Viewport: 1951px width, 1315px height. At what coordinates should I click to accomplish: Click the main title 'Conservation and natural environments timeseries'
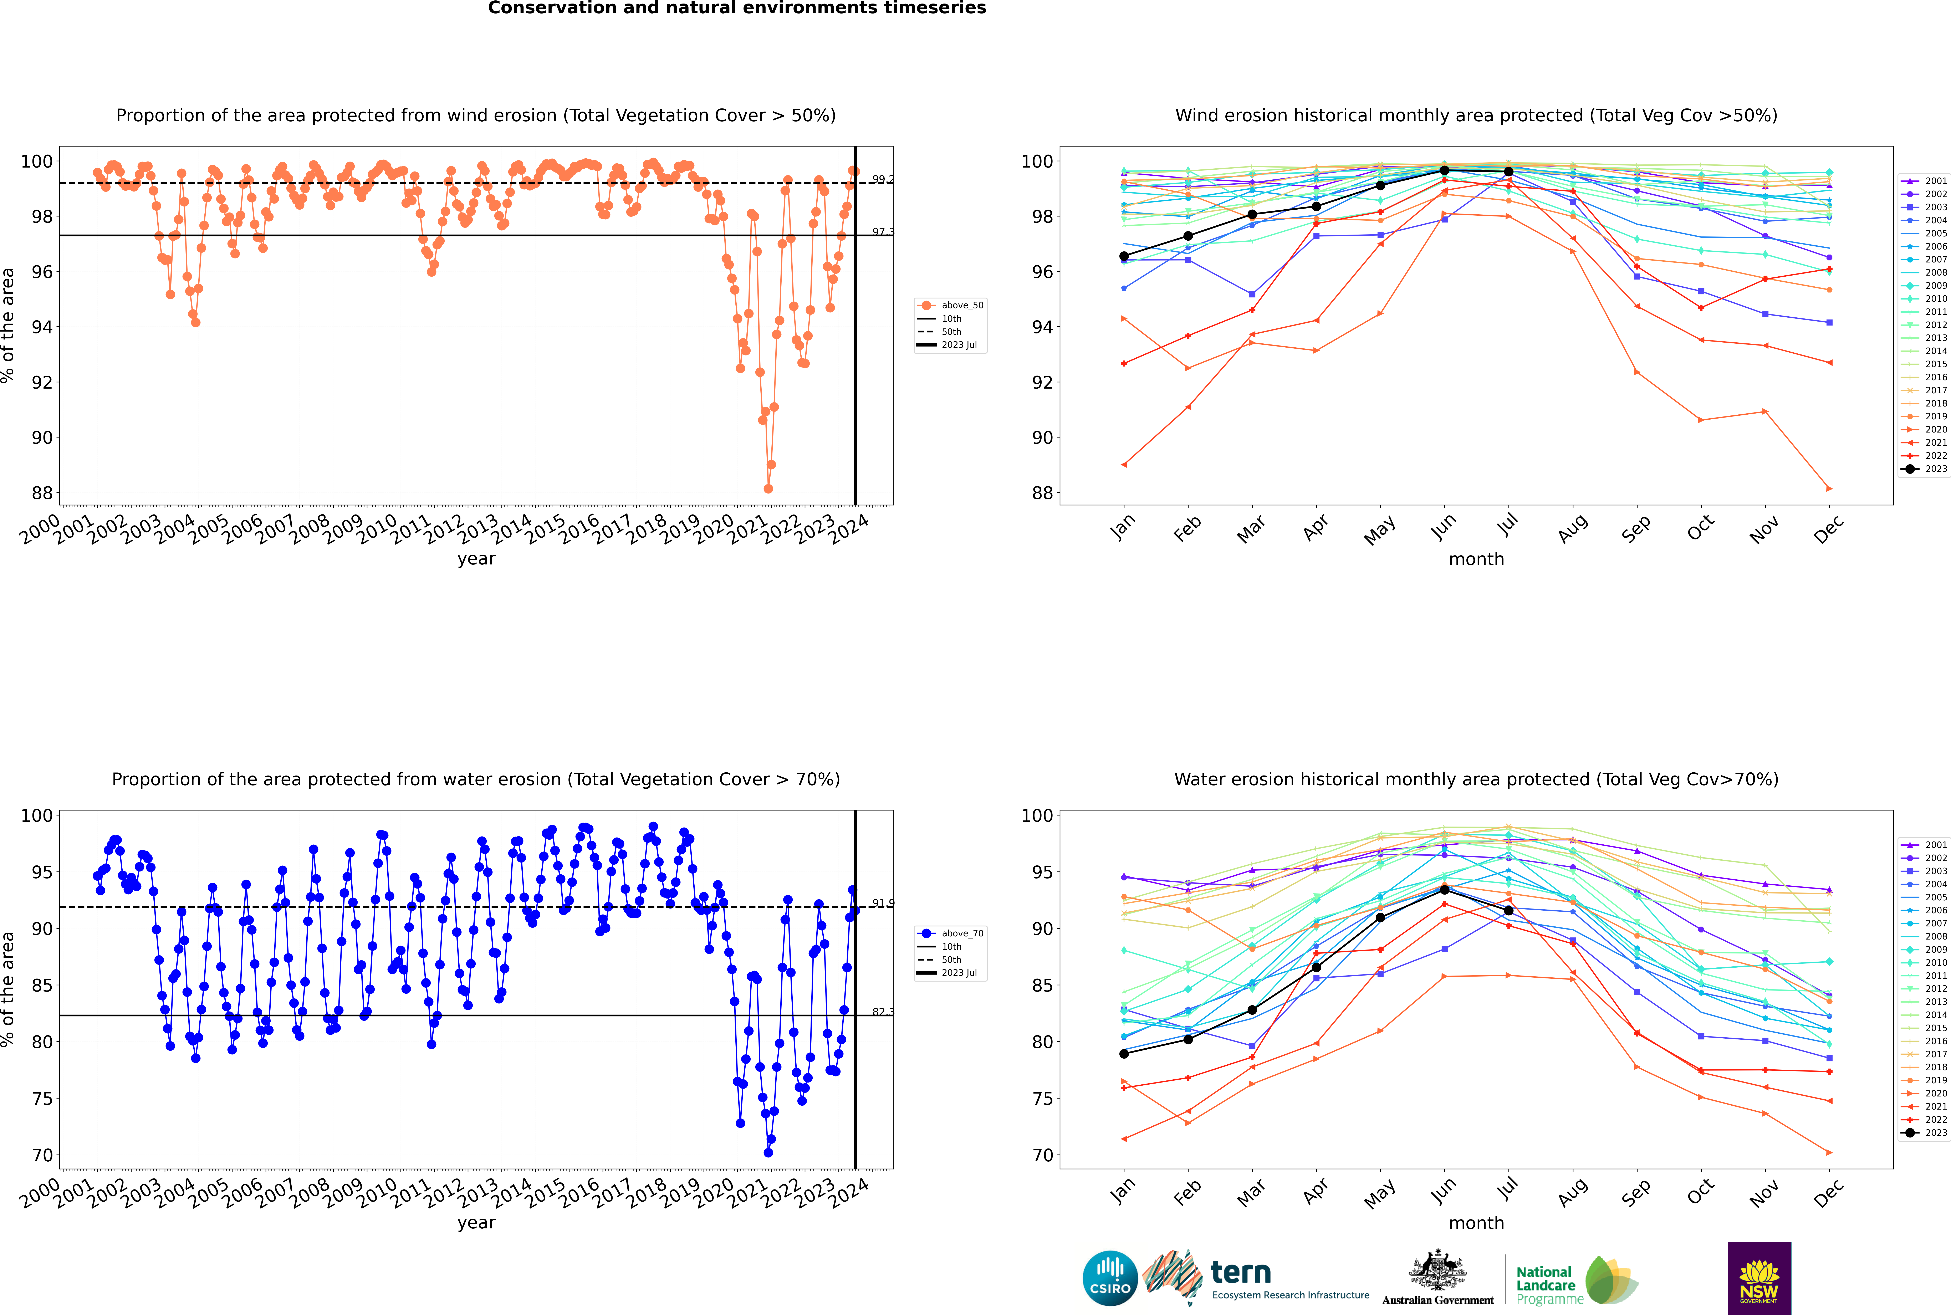pos(736,8)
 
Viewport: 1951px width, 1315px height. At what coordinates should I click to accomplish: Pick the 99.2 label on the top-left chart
pos(882,179)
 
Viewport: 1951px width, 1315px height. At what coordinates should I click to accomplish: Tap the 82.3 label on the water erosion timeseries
pos(882,1011)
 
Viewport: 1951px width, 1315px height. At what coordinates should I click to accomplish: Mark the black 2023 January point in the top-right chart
pos(1124,256)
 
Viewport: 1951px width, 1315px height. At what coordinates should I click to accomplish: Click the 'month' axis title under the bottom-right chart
pos(1476,1223)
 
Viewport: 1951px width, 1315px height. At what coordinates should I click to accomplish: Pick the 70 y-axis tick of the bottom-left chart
pos(43,1155)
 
